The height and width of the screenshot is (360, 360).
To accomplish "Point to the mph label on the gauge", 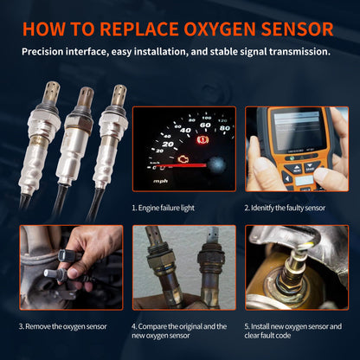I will point(161,182).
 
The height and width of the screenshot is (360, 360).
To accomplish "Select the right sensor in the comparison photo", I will point(208,268).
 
